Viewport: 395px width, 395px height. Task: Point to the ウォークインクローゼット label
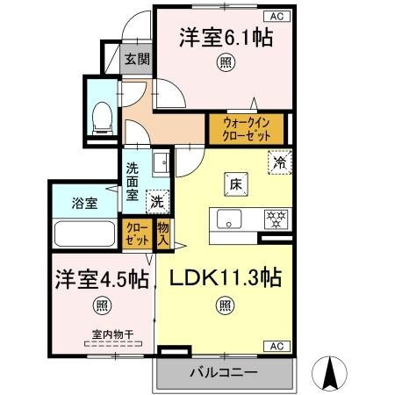click(x=246, y=130)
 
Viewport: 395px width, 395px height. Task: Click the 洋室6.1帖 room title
click(x=226, y=39)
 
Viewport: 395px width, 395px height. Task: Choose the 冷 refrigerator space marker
click(x=280, y=162)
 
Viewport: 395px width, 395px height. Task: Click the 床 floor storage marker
click(x=236, y=185)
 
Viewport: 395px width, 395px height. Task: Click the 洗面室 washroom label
click(x=132, y=183)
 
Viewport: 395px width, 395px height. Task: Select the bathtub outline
click(x=85, y=235)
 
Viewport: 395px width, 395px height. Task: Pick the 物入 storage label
click(x=163, y=233)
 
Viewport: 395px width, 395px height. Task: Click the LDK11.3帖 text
click(x=226, y=279)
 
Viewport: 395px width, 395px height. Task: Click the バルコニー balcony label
click(x=223, y=372)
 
